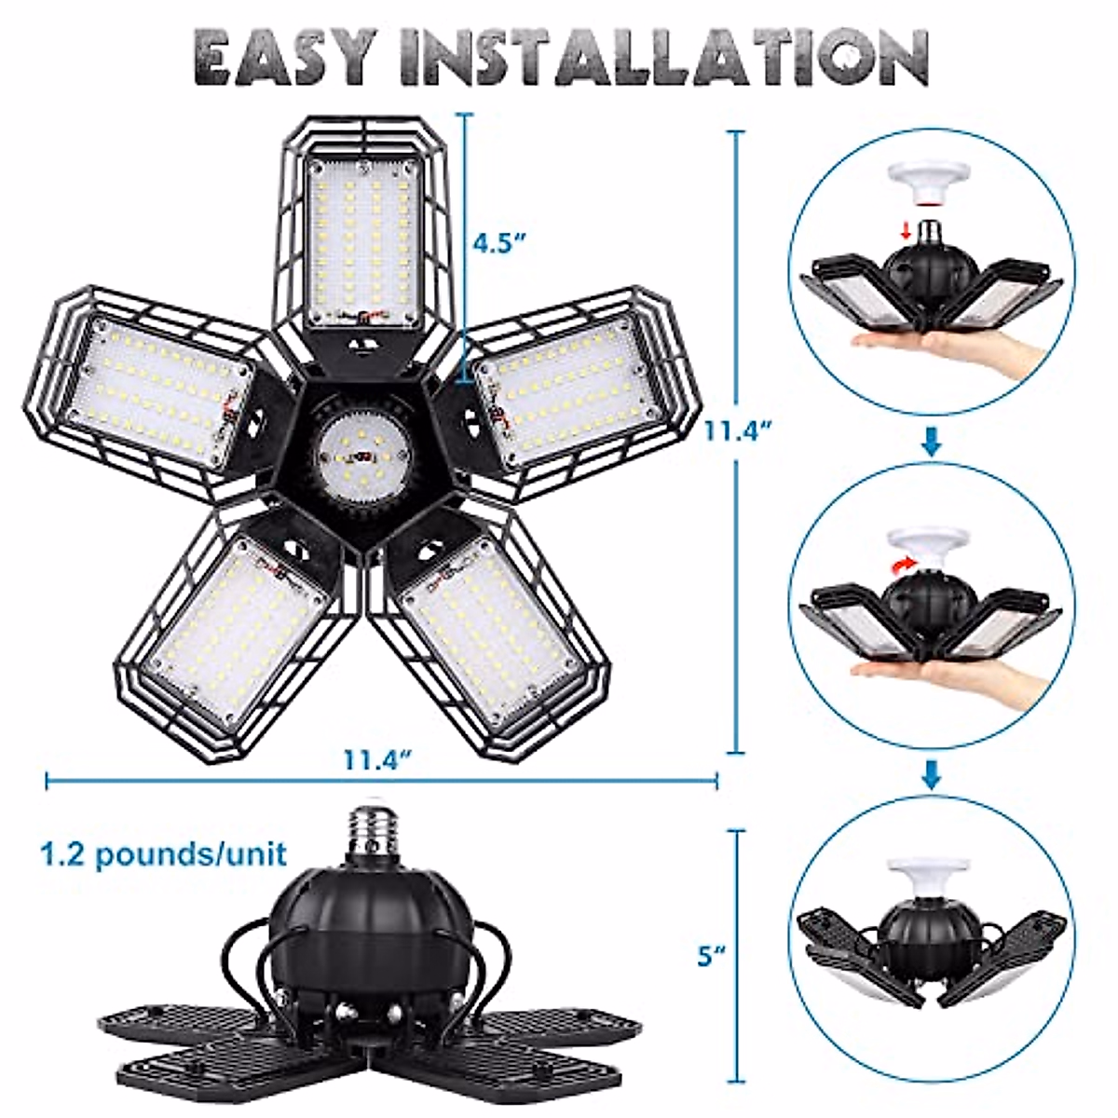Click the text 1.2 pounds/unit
click(x=163, y=853)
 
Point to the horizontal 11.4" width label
click(x=377, y=760)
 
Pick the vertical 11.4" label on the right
click(x=740, y=431)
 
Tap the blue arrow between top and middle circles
click(x=931, y=440)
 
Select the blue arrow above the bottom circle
click(x=931, y=772)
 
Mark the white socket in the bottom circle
click(x=929, y=876)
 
